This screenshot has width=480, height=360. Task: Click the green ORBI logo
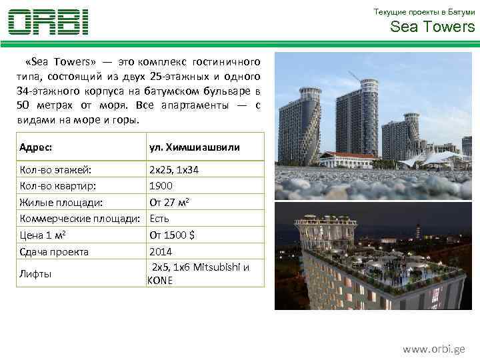(x=48, y=22)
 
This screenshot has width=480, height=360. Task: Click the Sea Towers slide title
(x=432, y=27)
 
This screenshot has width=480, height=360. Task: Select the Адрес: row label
(x=37, y=147)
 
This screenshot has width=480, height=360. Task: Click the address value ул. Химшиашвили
(x=195, y=147)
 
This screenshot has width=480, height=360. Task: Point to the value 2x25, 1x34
(x=174, y=170)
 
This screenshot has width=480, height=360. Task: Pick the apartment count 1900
(x=161, y=186)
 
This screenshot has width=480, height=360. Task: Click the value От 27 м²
(x=171, y=202)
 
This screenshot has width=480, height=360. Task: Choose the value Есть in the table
(x=159, y=219)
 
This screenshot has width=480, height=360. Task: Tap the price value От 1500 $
(x=172, y=235)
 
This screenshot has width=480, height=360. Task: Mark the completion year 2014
(x=161, y=251)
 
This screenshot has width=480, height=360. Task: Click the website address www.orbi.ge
(x=434, y=349)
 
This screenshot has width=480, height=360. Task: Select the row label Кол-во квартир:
(x=57, y=186)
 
